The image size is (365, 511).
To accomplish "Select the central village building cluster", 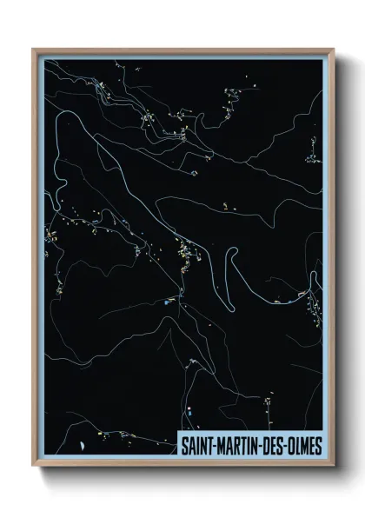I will tap(185, 255).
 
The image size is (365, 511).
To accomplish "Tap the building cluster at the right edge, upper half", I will tap(313, 157).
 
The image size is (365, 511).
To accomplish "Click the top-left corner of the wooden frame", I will tap(33, 50).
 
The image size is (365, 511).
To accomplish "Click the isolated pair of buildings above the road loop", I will tap(225, 206).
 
